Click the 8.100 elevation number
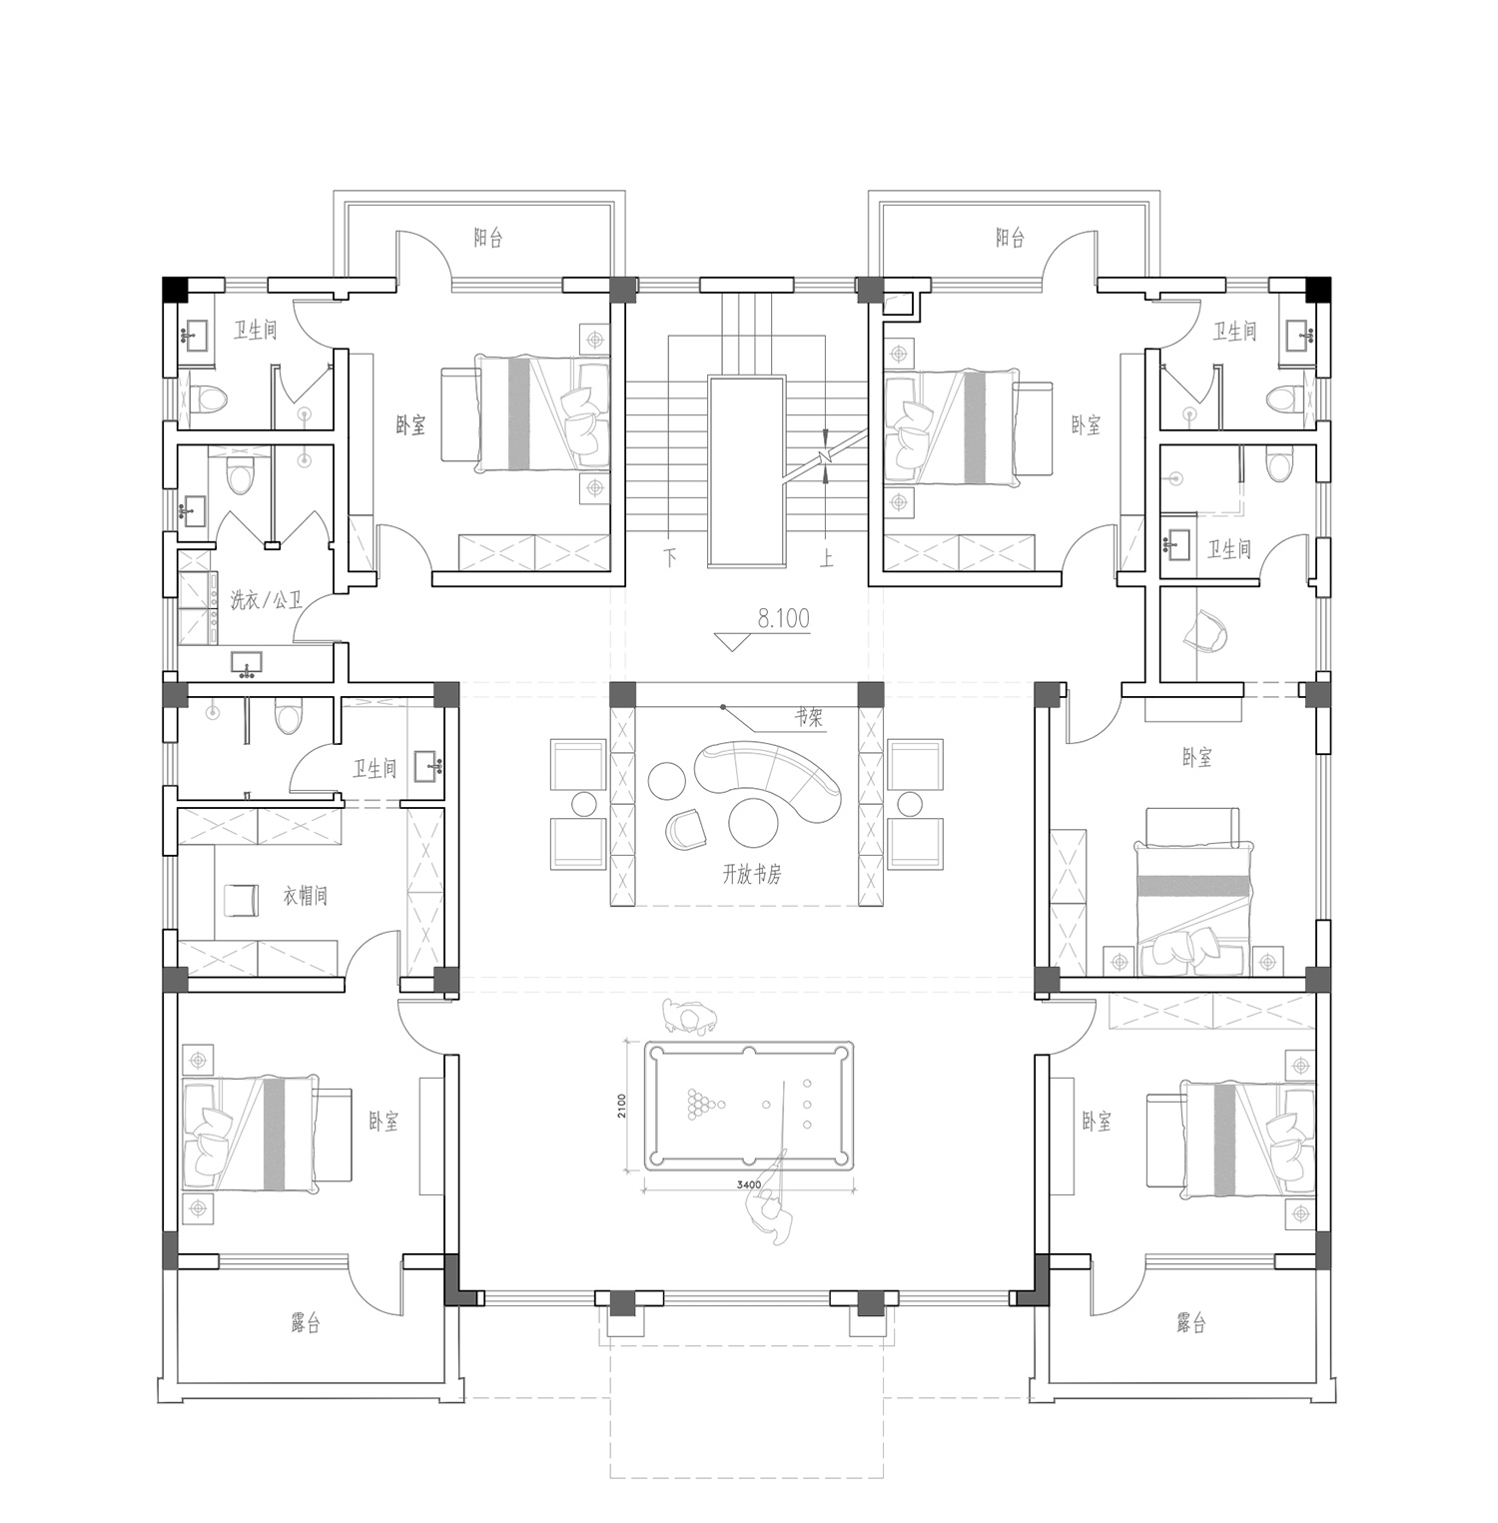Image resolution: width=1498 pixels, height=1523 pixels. click(783, 619)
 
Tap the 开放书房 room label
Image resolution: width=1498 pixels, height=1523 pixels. click(752, 875)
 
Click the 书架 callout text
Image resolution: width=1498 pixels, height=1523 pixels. click(810, 717)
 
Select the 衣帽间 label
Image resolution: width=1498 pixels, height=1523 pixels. click(305, 896)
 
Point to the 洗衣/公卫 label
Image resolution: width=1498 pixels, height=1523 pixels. click(267, 601)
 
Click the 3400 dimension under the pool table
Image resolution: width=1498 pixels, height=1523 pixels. click(749, 1184)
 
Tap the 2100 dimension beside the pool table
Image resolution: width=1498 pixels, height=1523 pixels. click(621, 1106)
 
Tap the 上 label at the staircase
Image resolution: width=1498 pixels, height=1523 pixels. click(826, 557)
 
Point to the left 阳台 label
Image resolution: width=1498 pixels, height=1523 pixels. click(488, 238)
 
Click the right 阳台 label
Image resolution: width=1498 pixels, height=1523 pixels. click(1010, 238)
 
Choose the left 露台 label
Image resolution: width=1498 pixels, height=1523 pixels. click(306, 1324)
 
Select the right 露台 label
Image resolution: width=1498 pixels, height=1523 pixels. click(1191, 1324)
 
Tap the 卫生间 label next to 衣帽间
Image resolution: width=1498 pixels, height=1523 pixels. click(374, 768)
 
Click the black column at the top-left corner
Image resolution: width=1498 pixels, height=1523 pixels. click(175, 289)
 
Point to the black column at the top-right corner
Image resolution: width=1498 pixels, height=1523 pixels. click(1318, 289)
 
